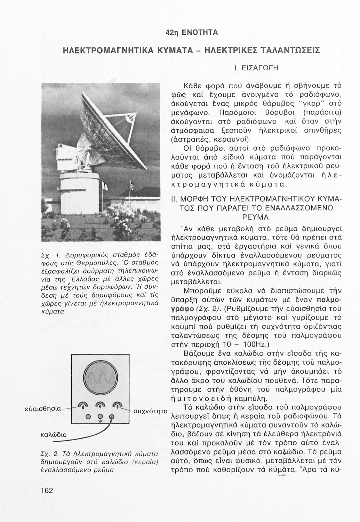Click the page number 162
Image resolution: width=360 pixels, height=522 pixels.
[x=46, y=490]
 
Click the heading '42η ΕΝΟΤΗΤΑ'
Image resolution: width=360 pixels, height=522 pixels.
[x=192, y=32]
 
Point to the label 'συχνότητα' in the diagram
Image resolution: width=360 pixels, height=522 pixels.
[x=151, y=411]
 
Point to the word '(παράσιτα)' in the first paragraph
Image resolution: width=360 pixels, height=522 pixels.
[x=320, y=112]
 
